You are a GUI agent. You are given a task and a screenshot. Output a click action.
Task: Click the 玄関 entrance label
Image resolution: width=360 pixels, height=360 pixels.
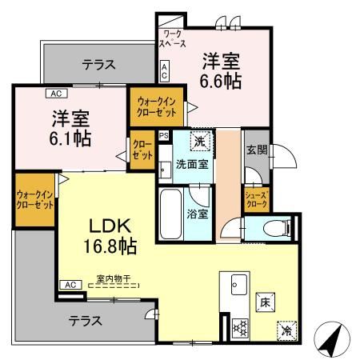tap(256, 150)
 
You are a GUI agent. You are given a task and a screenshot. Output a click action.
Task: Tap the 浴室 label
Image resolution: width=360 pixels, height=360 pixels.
tap(197, 214)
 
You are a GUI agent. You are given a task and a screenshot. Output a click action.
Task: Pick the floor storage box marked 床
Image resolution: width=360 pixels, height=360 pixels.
tap(264, 303)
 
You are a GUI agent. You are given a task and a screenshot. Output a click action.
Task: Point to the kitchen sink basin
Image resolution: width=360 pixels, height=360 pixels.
tap(238, 284)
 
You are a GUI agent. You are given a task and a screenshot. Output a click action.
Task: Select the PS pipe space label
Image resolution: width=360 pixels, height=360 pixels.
tap(164, 136)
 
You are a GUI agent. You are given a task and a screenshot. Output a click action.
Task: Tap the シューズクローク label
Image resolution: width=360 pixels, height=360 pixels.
tap(256, 198)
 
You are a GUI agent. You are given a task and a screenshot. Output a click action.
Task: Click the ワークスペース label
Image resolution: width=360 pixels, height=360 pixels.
tap(171, 38)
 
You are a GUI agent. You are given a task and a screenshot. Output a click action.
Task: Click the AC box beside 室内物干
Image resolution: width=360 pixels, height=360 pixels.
tap(70, 285)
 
